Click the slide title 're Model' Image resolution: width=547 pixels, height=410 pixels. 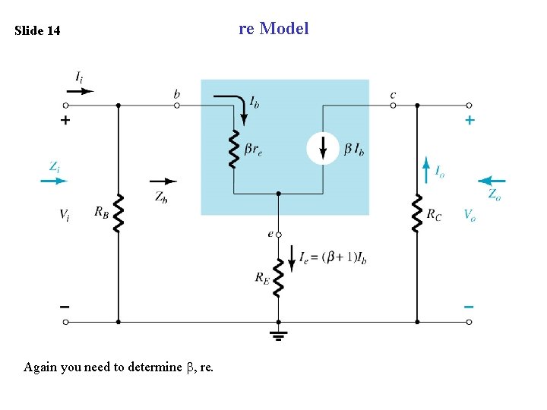273,29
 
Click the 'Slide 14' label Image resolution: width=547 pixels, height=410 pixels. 37,31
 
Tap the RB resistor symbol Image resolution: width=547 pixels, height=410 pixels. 118,213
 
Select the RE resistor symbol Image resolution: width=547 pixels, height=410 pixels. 278,278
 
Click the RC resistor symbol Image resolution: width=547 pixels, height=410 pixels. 416,213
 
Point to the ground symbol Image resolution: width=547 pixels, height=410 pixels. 278,333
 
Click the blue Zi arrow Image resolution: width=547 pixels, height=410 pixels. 54,181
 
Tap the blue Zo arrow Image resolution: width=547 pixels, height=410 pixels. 492,181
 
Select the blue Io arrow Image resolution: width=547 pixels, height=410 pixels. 425,171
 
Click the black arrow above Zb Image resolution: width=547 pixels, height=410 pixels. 163,181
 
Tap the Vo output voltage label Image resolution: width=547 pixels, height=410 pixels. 470,215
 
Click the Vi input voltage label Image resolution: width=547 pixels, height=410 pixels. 66,215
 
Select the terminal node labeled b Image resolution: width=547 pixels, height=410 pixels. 177,106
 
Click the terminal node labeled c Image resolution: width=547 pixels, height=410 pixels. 393,106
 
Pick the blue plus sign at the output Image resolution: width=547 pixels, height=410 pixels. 470,120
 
